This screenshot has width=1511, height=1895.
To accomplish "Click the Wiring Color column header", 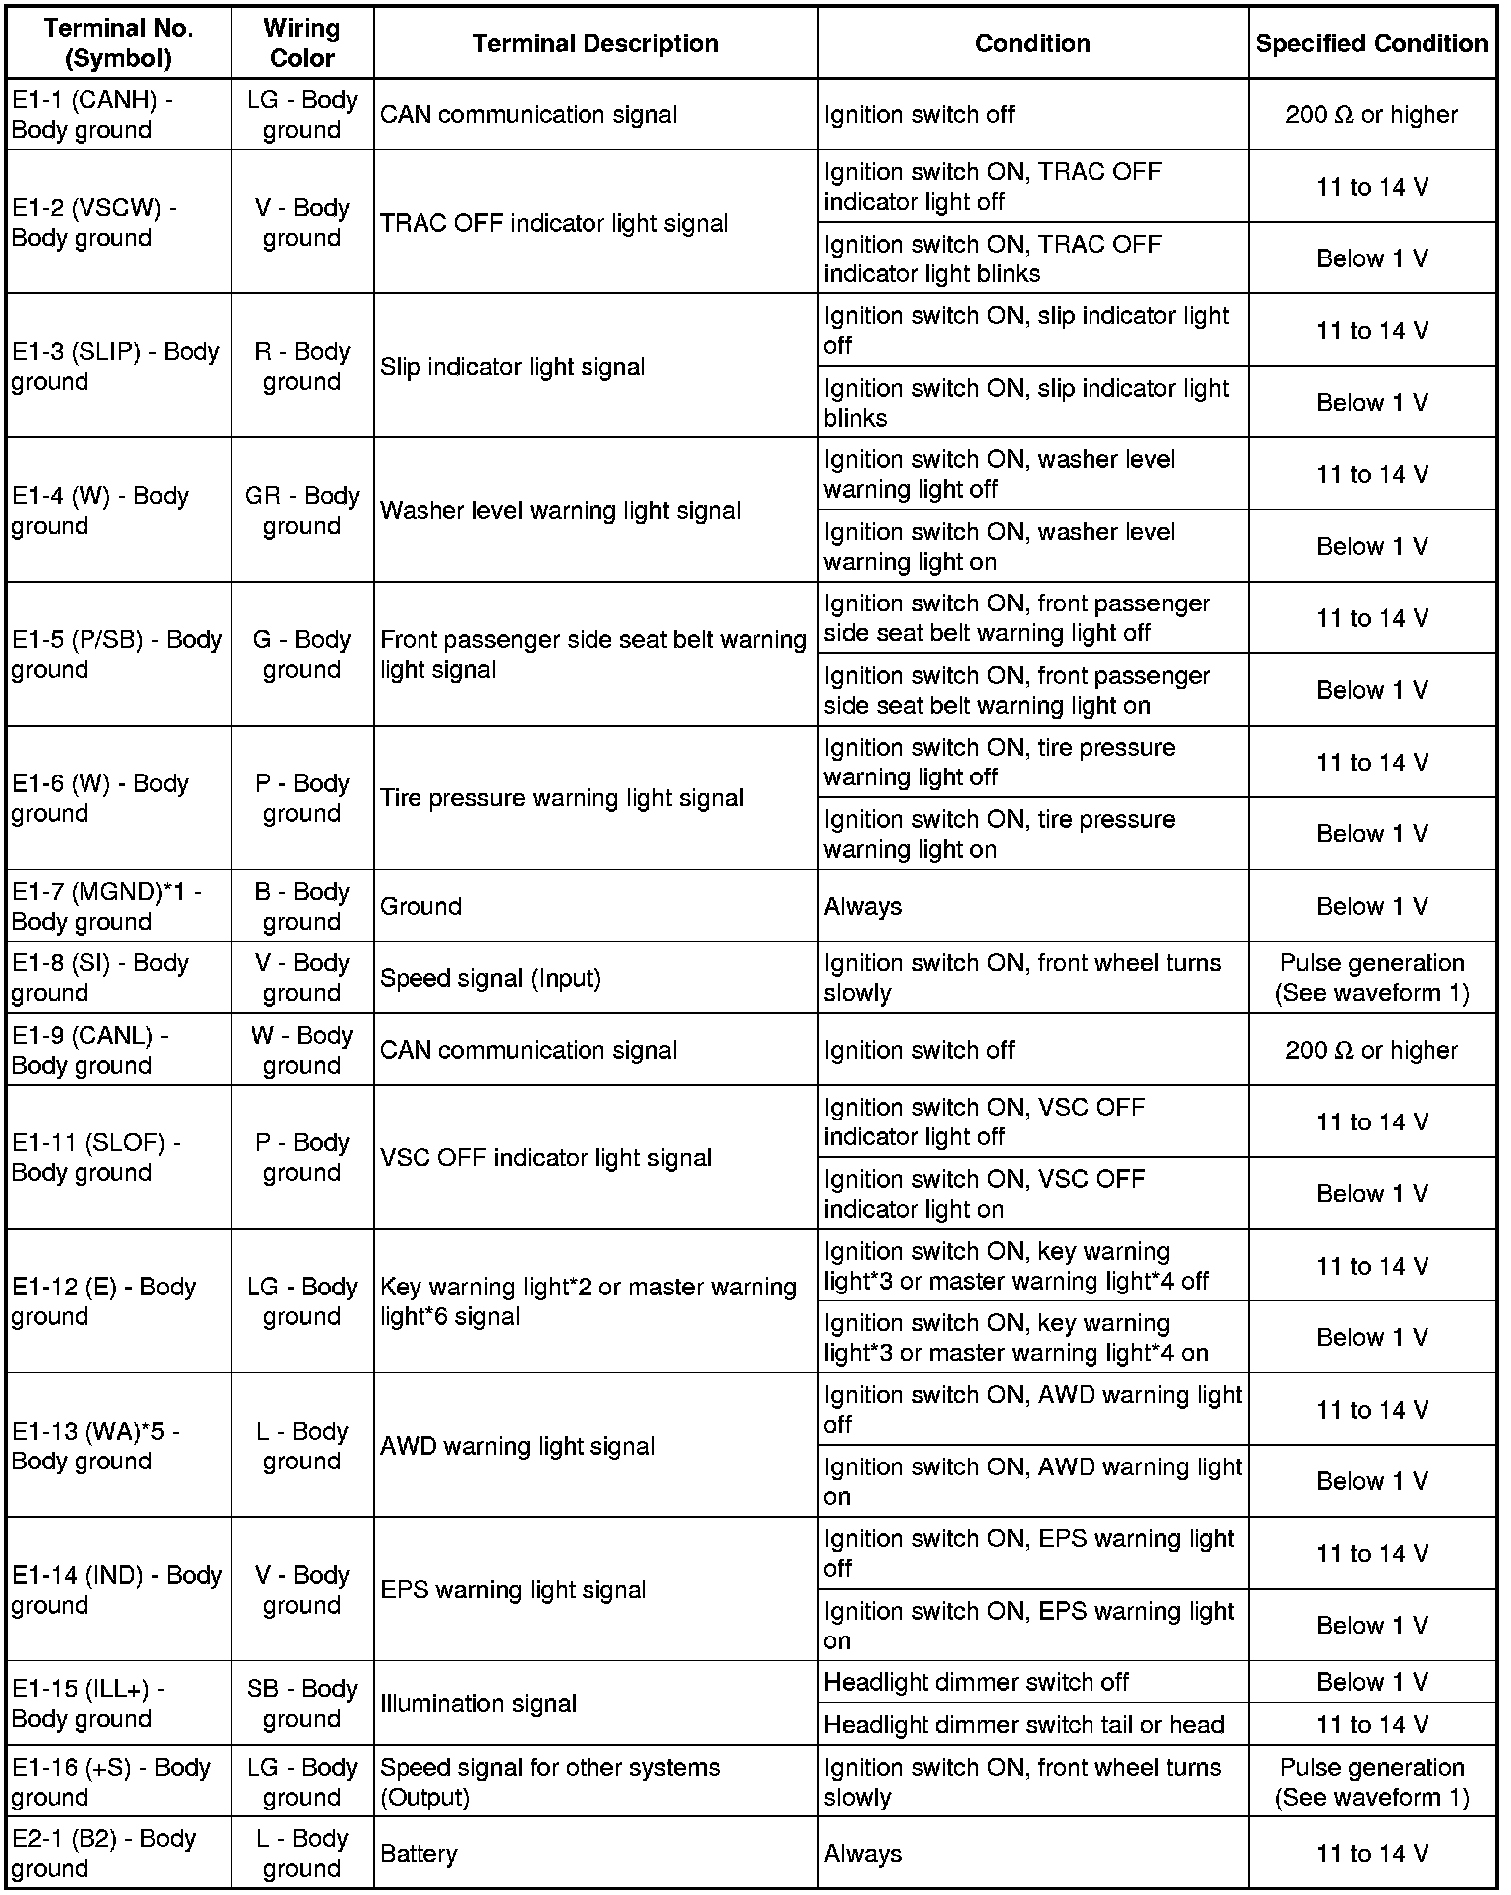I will click(x=302, y=43).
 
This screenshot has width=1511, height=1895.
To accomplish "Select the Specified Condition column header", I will click(x=1371, y=43).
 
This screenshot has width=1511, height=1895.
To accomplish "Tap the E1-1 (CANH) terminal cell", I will click(x=118, y=115).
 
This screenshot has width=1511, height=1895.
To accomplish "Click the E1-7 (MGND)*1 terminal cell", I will click(x=118, y=906).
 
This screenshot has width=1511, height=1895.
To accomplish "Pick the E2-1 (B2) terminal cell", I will click(x=118, y=1853).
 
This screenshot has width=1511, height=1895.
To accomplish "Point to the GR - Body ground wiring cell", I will click(x=302, y=510).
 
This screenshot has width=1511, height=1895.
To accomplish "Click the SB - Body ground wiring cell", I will click(x=302, y=1703).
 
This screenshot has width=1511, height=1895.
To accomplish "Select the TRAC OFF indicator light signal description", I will click(x=554, y=223).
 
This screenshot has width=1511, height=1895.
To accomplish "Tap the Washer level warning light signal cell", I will click(x=560, y=510).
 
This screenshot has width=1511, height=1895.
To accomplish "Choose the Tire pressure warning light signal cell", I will click(x=561, y=798).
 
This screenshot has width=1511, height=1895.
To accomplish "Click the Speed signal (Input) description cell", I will click(x=490, y=978).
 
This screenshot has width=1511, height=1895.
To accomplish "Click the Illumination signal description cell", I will click(x=478, y=1703).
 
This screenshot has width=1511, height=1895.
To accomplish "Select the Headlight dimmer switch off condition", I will click(x=976, y=1682).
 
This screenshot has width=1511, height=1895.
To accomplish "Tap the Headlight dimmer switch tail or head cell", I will click(x=1024, y=1724).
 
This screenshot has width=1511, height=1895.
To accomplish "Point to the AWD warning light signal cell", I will click(x=517, y=1446).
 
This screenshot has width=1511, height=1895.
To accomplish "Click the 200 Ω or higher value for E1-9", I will click(x=1371, y=1050).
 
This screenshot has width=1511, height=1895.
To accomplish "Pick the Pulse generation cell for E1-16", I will click(x=1371, y=1782).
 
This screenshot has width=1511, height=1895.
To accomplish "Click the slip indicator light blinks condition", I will click(x=1026, y=402).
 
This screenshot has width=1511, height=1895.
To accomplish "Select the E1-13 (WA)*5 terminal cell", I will click(x=118, y=1446).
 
